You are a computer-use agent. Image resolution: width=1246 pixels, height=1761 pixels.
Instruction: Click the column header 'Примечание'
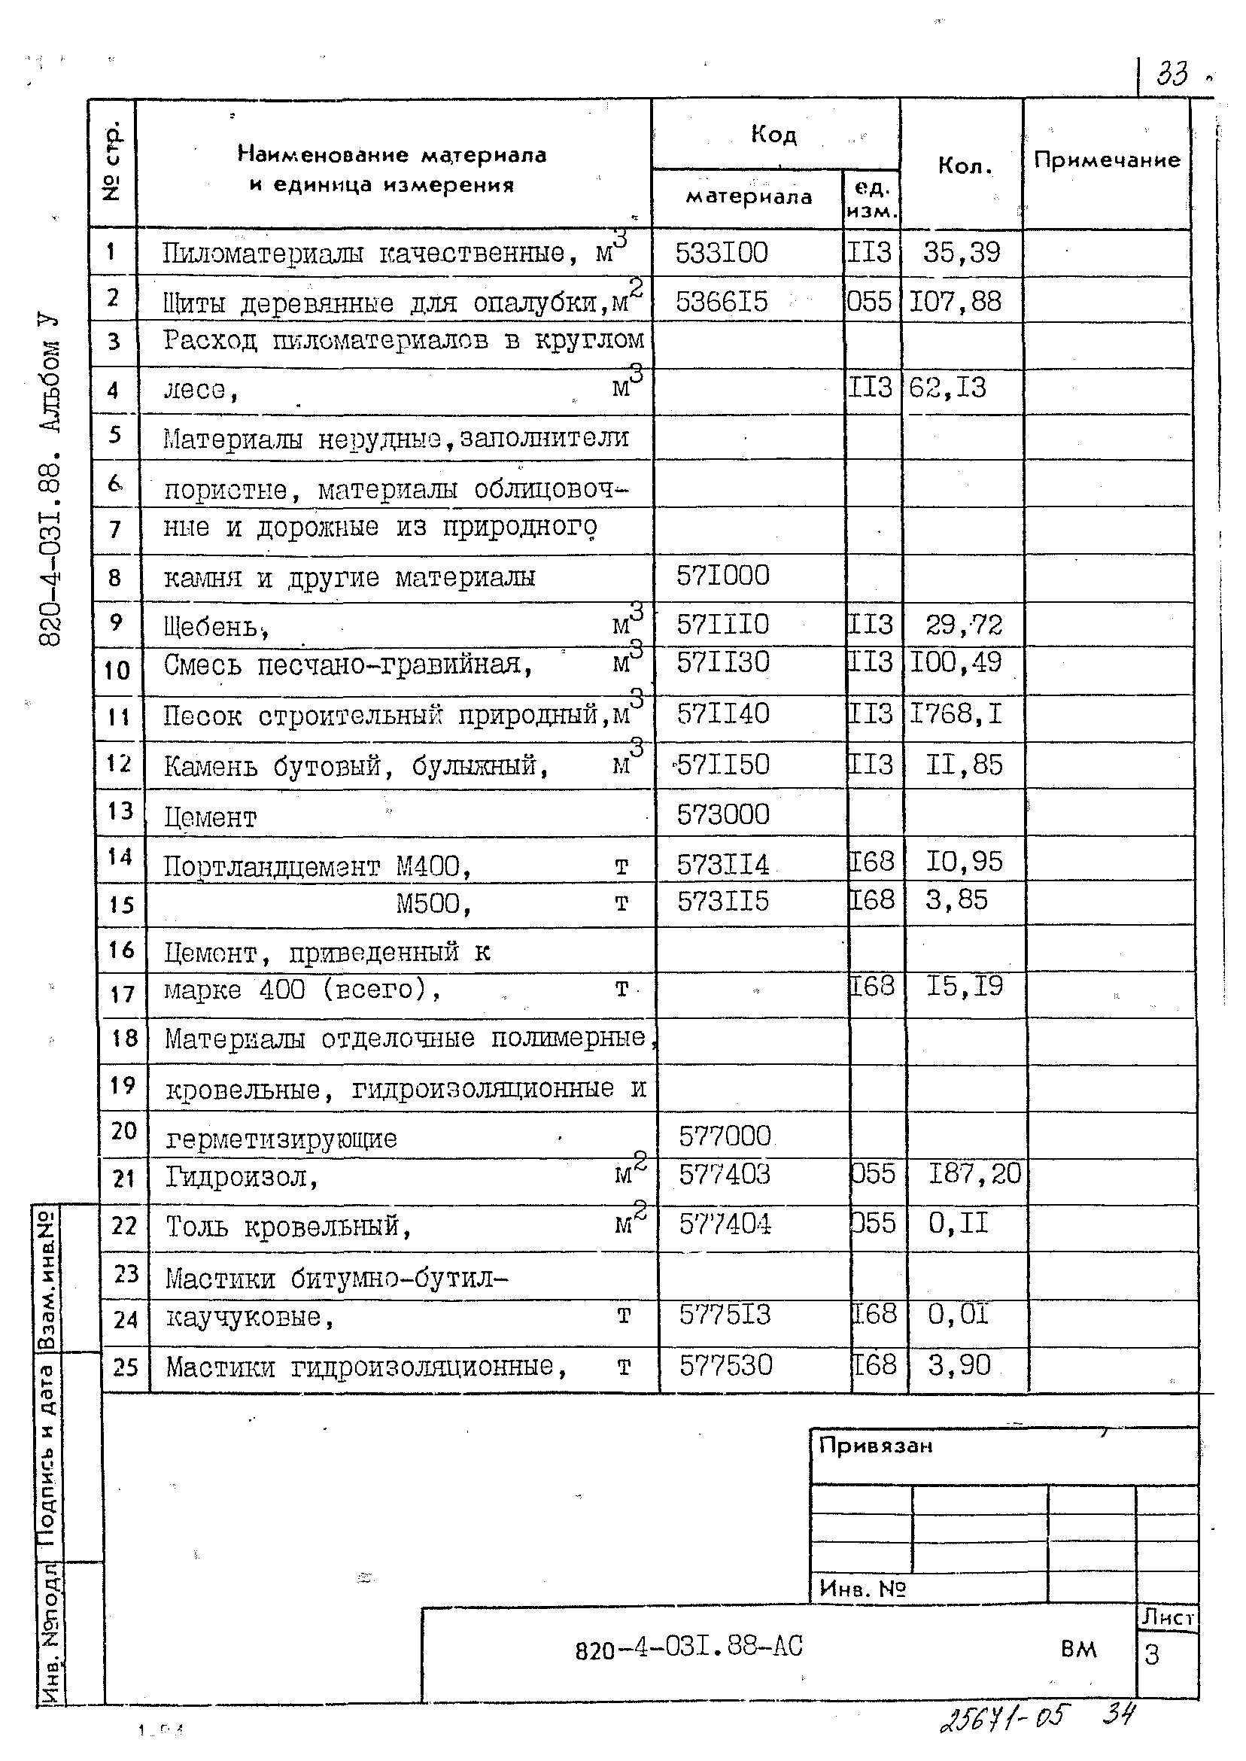pyautogui.click(x=1105, y=160)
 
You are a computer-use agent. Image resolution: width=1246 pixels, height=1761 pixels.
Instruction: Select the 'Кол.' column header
pyautogui.click(x=965, y=166)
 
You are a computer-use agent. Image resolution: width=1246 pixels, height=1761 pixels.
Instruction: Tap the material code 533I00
pyautogui.click(x=722, y=252)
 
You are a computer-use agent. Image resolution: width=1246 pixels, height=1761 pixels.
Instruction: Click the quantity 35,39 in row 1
pyautogui.click(x=962, y=251)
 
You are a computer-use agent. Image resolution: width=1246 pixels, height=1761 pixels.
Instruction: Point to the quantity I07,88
pyautogui.click(x=956, y=301)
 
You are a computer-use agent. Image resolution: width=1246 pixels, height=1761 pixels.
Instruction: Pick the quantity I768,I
pyautogui.click(x=956, y=714)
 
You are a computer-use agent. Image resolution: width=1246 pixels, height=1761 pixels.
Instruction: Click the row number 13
pyautogui.click(x=120, y=811)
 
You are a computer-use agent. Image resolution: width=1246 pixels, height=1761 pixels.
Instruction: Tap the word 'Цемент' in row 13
pyautogui.click(x=210, y=818)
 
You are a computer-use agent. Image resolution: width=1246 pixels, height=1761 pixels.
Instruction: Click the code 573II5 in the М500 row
pyautogui.click(x=722, y=901)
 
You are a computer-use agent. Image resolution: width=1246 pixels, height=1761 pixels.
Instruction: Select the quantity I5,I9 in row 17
pyautogui.click(x=965, y=985)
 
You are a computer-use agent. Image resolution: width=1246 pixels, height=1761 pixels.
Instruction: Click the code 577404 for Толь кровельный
pyautogui.click(x=725, y=1224)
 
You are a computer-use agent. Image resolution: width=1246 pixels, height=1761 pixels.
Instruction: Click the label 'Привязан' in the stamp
pyautogui.click(x=875, y=1446)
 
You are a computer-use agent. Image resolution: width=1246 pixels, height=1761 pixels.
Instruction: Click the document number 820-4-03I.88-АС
pyautogui.click(x=688, y=1647)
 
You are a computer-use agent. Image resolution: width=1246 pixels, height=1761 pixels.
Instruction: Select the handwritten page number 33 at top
pyautogui.click(x=1172, y=75)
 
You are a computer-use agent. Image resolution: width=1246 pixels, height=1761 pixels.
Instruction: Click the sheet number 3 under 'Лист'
pyautogui.click(x=1151, y=1655)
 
